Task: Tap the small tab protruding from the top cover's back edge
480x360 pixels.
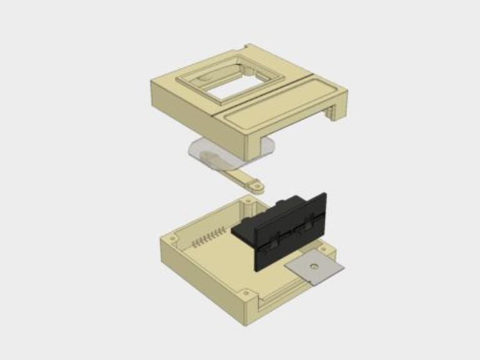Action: (x=249, y=47)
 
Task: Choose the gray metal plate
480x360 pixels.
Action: (x=315, y=268)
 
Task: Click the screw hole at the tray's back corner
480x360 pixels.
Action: (x=248, y=202)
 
